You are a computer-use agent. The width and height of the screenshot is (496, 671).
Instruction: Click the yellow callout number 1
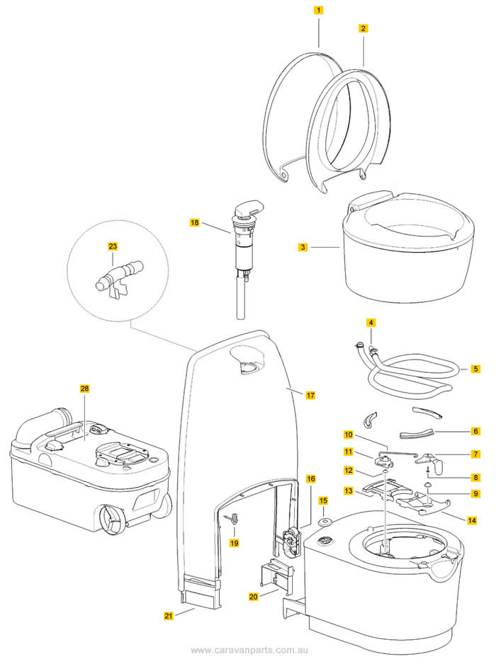(x=320, y=11)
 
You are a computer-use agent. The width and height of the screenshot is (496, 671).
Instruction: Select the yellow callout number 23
(x=113, y=246)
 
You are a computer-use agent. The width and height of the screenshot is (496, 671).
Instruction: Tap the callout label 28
(x=85, y=389)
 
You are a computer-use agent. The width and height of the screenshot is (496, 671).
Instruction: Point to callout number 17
(x=310, y=395)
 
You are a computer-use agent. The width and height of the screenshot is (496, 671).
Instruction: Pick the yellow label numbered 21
(x=169, y=616)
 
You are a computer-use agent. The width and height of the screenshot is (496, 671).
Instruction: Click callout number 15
(x=323, y=500)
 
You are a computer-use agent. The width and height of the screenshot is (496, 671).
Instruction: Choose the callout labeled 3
(x=303, y=248)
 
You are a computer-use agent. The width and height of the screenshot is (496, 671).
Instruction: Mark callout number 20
(x=254, y=597)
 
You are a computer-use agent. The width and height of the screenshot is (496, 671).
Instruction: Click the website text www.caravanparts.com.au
(x=248, y=650)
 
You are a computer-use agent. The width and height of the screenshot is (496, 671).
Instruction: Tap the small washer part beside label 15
(x=324, y=522)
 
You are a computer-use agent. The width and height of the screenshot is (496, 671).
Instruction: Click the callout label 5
(x=475, y=369)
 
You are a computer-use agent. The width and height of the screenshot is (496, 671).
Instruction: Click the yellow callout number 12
(x=348, y=470)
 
